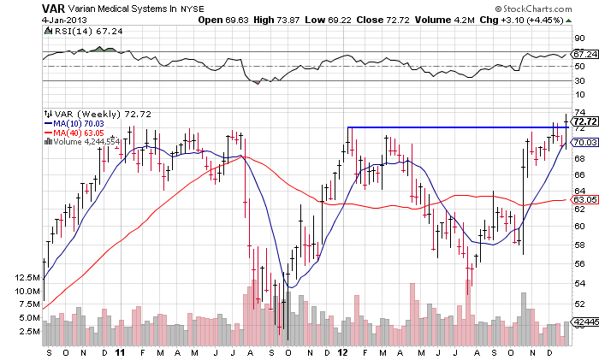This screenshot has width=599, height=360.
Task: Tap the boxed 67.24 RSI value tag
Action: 584,53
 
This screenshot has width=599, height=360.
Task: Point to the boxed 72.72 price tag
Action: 584,121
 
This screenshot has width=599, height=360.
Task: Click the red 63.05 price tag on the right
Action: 584,200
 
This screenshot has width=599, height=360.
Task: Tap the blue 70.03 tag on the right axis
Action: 584,142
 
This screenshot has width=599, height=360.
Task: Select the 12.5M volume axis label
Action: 28,278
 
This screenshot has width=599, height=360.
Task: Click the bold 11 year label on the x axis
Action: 121,352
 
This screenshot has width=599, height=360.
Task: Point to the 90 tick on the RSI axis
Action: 578,38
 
